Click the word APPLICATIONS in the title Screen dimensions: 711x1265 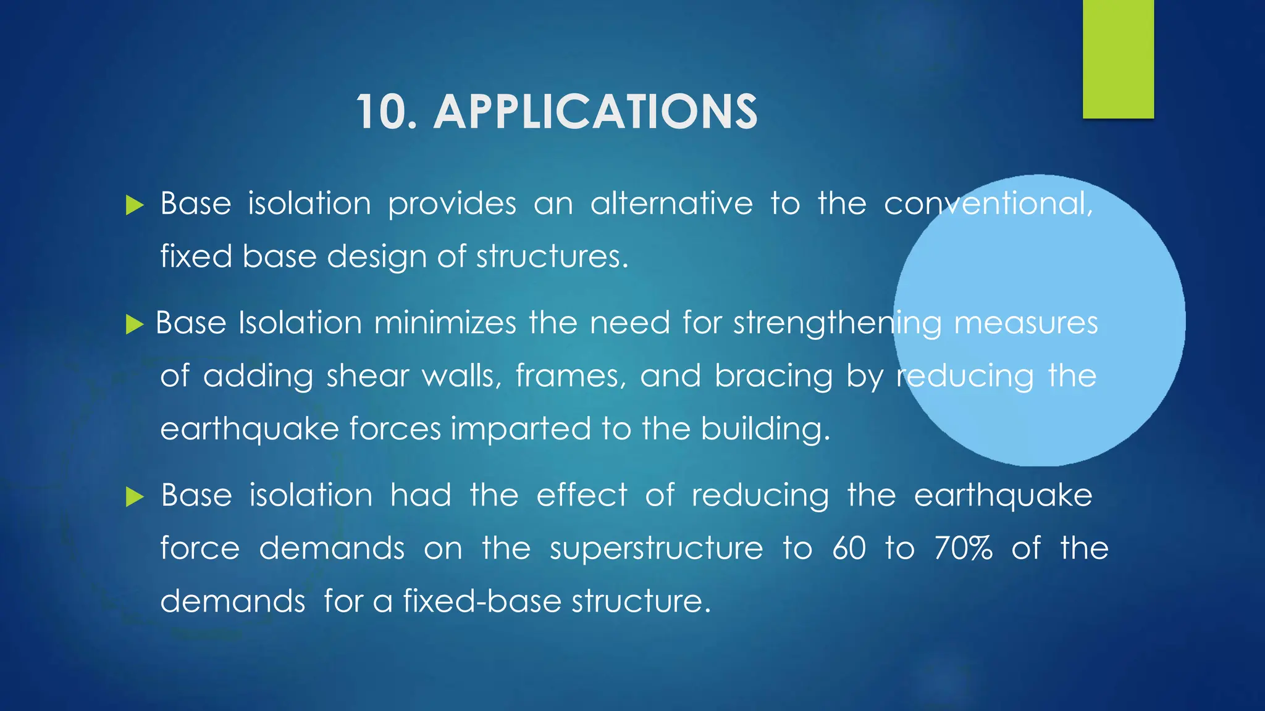(x=595, y=112)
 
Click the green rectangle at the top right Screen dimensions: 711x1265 (x=1118, y=59)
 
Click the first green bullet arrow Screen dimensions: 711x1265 (x=134, y=206)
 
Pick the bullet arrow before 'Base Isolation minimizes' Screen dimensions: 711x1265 (x=134, y=324)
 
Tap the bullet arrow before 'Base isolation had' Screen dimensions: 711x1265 (x=134, y=496)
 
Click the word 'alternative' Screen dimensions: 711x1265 (x=671, y=204)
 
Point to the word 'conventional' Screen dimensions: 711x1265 (x=988, y=204)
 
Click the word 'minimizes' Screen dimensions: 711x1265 (x=445, y=323)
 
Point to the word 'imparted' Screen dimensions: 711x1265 (x=521, y=430)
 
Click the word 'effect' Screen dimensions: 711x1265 (x=581, y=495)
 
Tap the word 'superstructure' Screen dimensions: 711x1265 (x=656, y=549)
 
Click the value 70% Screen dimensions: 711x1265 (x=964, y=548)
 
